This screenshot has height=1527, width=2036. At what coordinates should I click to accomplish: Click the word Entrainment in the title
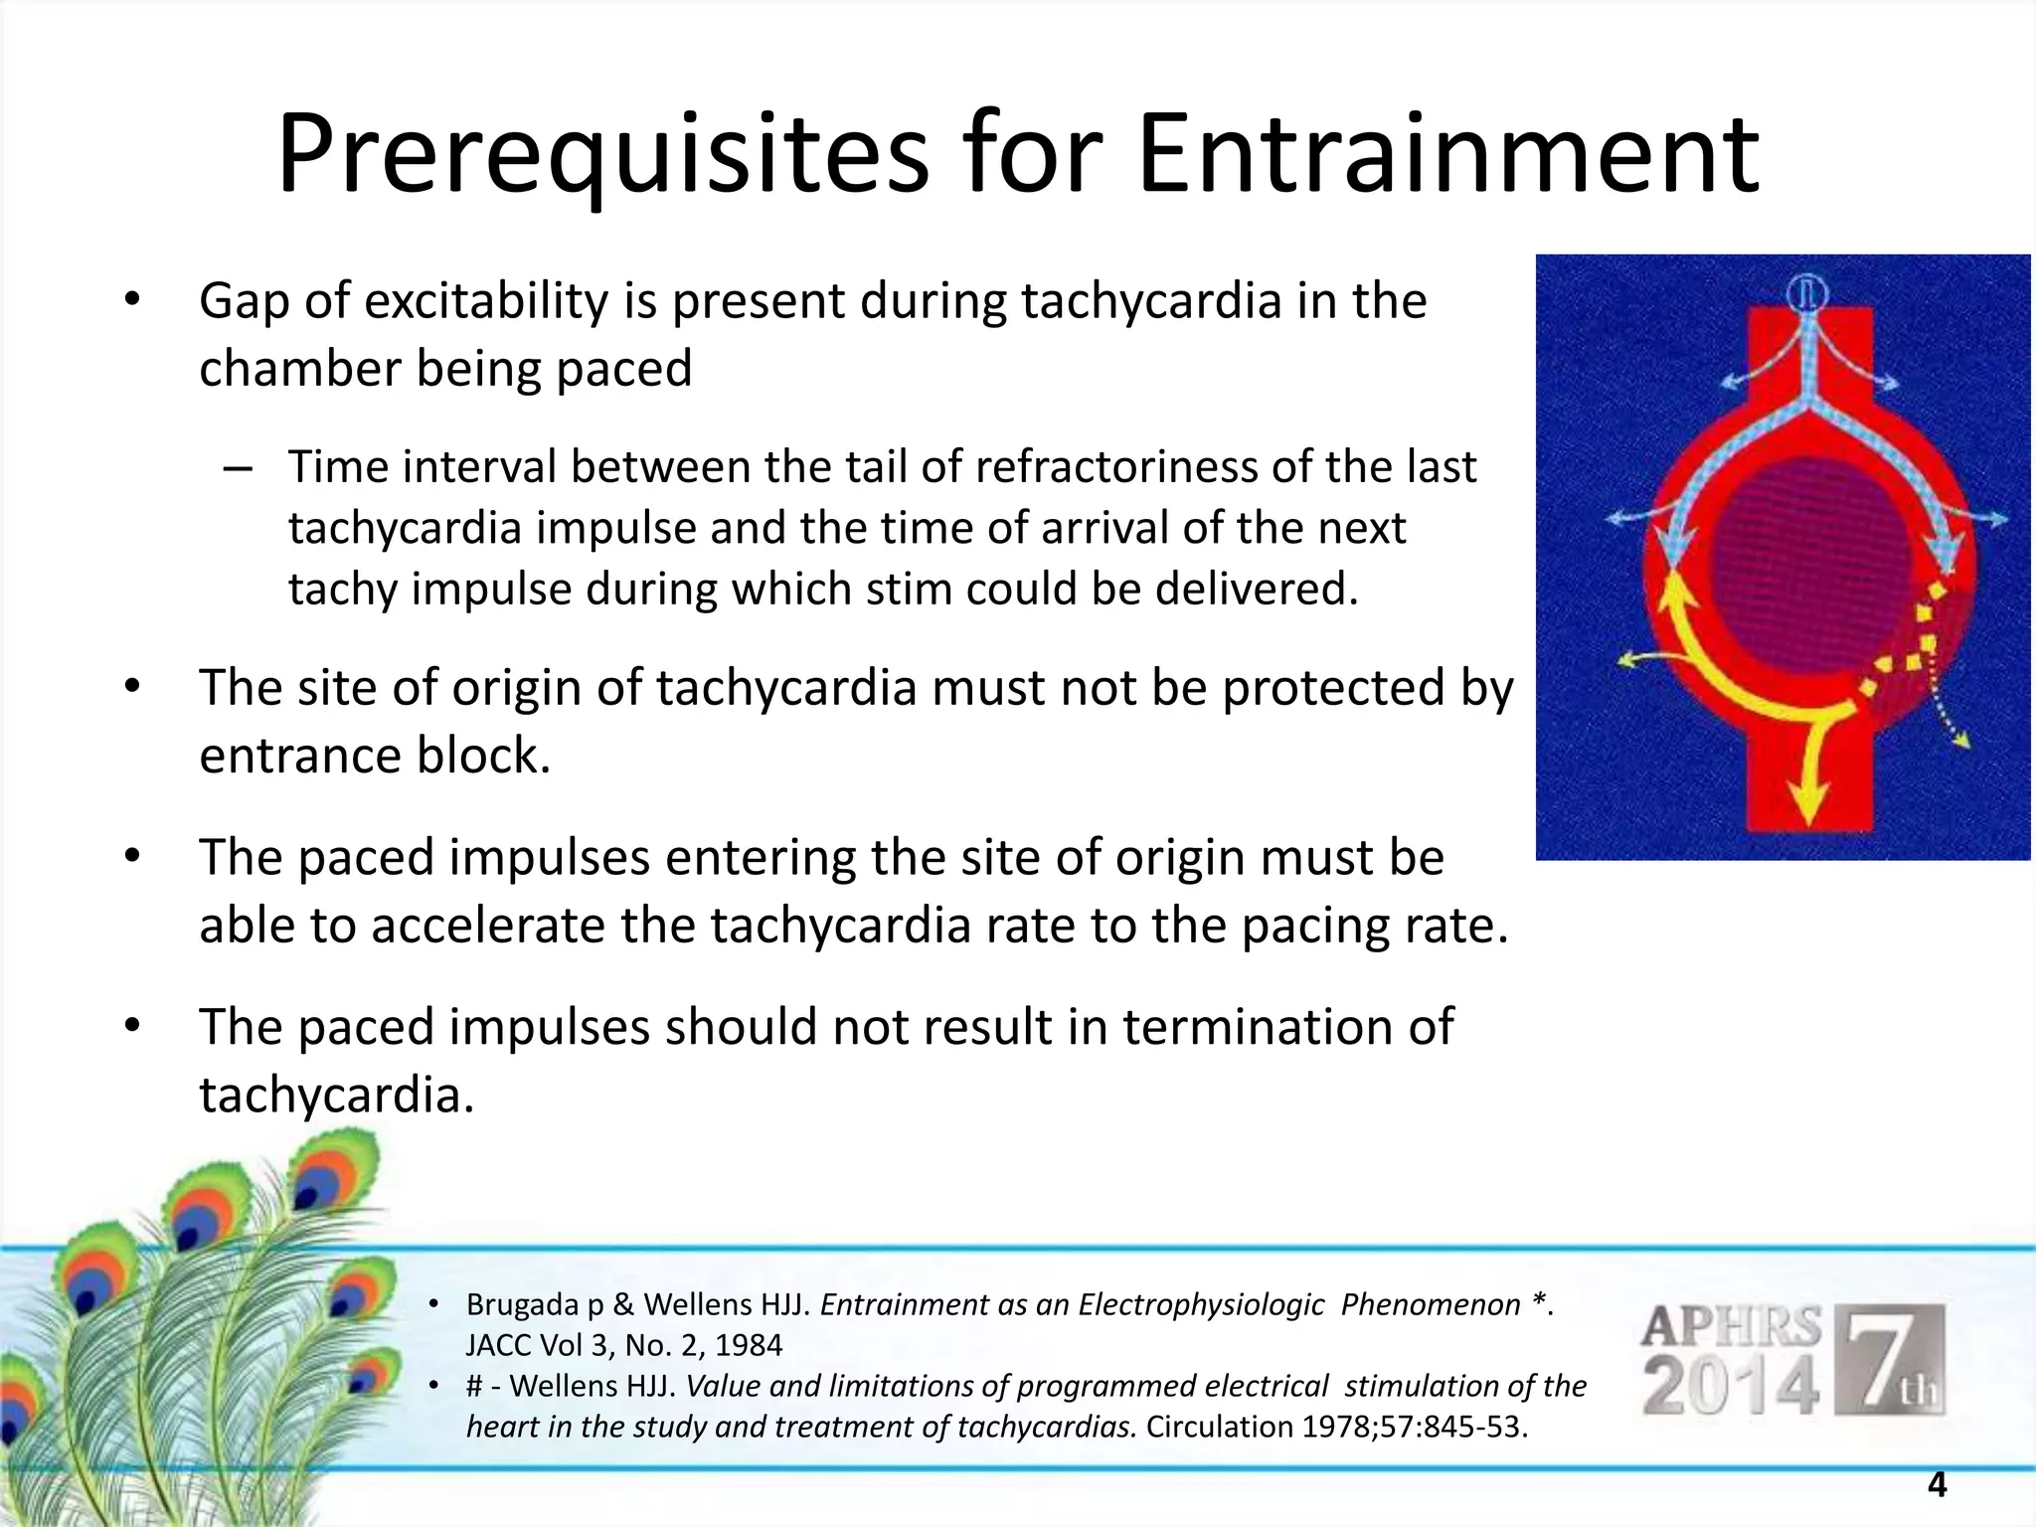click(x=1447, y=154)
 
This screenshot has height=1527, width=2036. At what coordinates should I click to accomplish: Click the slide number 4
click(x=1937, y=1484)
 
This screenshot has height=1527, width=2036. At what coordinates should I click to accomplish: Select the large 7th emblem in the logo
click(x=1888, y=1359)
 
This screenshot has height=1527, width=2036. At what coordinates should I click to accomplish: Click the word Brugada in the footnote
click(x=522, y=1304)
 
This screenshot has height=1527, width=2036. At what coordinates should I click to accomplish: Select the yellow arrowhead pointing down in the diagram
click(x=1808, y=800)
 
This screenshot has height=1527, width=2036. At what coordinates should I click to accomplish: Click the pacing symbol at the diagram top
click(x=1806, y=294)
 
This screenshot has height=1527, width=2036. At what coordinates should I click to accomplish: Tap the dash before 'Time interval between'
click(x=239, y=467)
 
